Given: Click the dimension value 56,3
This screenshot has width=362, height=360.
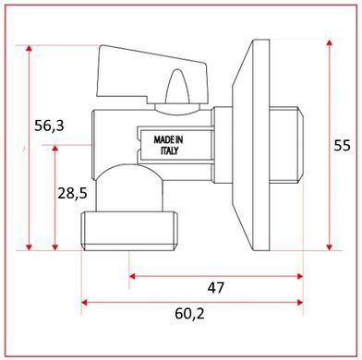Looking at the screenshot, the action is coord(49,126).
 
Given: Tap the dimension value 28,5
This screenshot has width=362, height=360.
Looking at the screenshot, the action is coord(73,194).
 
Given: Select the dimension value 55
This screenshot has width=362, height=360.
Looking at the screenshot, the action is coord(343,146).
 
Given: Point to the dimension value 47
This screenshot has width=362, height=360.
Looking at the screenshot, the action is coord(216,288).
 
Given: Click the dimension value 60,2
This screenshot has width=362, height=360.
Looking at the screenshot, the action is coord(189,314).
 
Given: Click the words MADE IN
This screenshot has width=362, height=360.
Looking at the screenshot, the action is coord(168,140).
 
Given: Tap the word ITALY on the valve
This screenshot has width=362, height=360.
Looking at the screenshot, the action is coord(169,150).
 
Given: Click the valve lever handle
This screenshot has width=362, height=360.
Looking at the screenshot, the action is coord(152,76).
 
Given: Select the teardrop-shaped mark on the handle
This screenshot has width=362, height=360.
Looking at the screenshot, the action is coord(177,86).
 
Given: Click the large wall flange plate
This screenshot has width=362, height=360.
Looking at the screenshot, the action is coord(251,145).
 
